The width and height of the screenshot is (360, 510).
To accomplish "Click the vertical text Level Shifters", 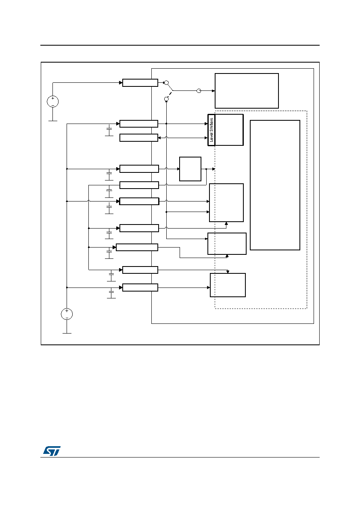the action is click(x=211, y=130).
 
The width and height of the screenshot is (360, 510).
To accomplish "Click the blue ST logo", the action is click(x=52, y=451).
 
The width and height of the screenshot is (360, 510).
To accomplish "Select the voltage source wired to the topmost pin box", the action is click(x=52, y=101).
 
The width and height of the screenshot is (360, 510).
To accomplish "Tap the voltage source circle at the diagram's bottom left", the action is click(x=67, y=314).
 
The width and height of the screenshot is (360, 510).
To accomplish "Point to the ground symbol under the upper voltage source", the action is click(x=53, y=121).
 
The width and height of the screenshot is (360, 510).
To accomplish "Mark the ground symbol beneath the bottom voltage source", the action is click(x=67, y=333).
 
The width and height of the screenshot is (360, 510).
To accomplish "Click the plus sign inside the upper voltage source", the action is click(x=52, y=99).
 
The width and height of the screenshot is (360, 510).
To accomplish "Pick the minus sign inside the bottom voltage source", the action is click(x=67, y=317).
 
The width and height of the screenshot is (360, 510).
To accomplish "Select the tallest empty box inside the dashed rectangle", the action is click(x=275, y=185).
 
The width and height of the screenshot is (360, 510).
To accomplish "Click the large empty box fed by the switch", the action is click(x=247, y=91).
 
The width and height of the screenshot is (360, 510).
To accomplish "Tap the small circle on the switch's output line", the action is click(x=199, y=91).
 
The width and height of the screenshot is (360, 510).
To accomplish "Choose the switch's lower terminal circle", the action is click(x=166, y=99).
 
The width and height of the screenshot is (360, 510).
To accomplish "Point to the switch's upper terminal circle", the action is click(x=166, y=83).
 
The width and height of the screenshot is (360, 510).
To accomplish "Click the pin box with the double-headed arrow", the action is click(x=139, y=138).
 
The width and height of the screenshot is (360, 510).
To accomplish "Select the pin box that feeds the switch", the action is click(x=140, y=83).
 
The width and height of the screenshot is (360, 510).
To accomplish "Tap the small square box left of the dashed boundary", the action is click(x=190, y=169).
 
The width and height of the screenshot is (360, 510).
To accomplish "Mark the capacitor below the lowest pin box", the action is click(x=111, y=293).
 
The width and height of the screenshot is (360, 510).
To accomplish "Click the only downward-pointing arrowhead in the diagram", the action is click(x=228, y=272).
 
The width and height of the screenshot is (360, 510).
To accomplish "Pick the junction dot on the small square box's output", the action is click(x=206, y=169).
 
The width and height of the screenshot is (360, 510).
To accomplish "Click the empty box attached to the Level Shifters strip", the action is click(x=229, y=130).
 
